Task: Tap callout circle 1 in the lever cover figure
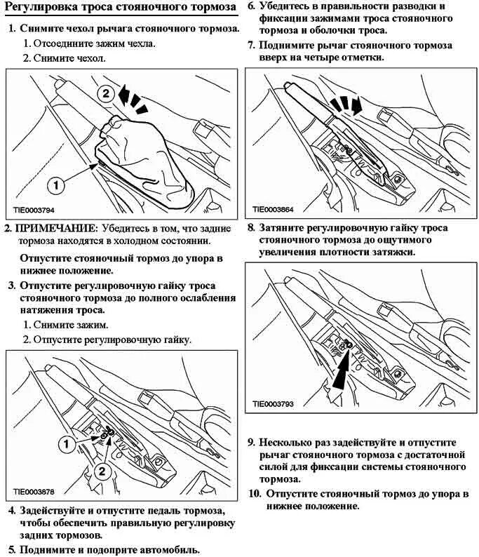click(56, 184)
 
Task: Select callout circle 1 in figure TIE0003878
click(66, 443)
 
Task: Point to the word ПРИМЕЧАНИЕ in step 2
click(57, 229)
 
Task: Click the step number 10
click(254, 493)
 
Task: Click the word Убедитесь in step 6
click(285, 6)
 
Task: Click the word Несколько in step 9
click(289, 443)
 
